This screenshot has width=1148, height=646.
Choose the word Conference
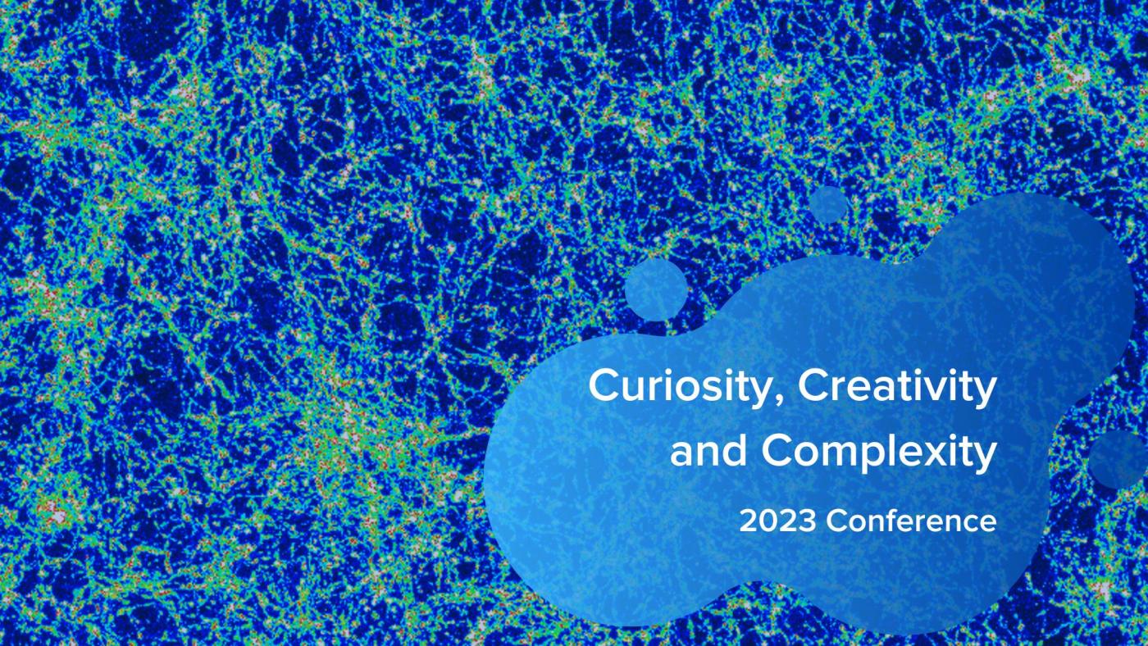(911, 521)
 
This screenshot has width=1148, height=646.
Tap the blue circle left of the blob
(656, 289)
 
